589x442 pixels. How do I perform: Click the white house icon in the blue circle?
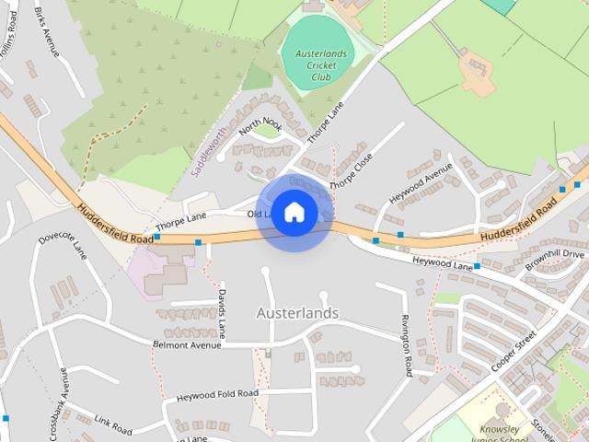coord(294,212)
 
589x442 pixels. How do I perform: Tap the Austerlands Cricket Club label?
coord(320,65)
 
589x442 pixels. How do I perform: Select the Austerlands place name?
coord(297,313)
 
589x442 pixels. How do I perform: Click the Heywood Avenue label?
coord(421,182)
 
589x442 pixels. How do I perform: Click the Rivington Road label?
coord(406,345)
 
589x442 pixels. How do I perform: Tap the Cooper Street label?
coord(514,351)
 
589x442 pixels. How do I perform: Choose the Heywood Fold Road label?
coord(217,394)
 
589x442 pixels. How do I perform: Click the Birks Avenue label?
coord(46,31)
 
